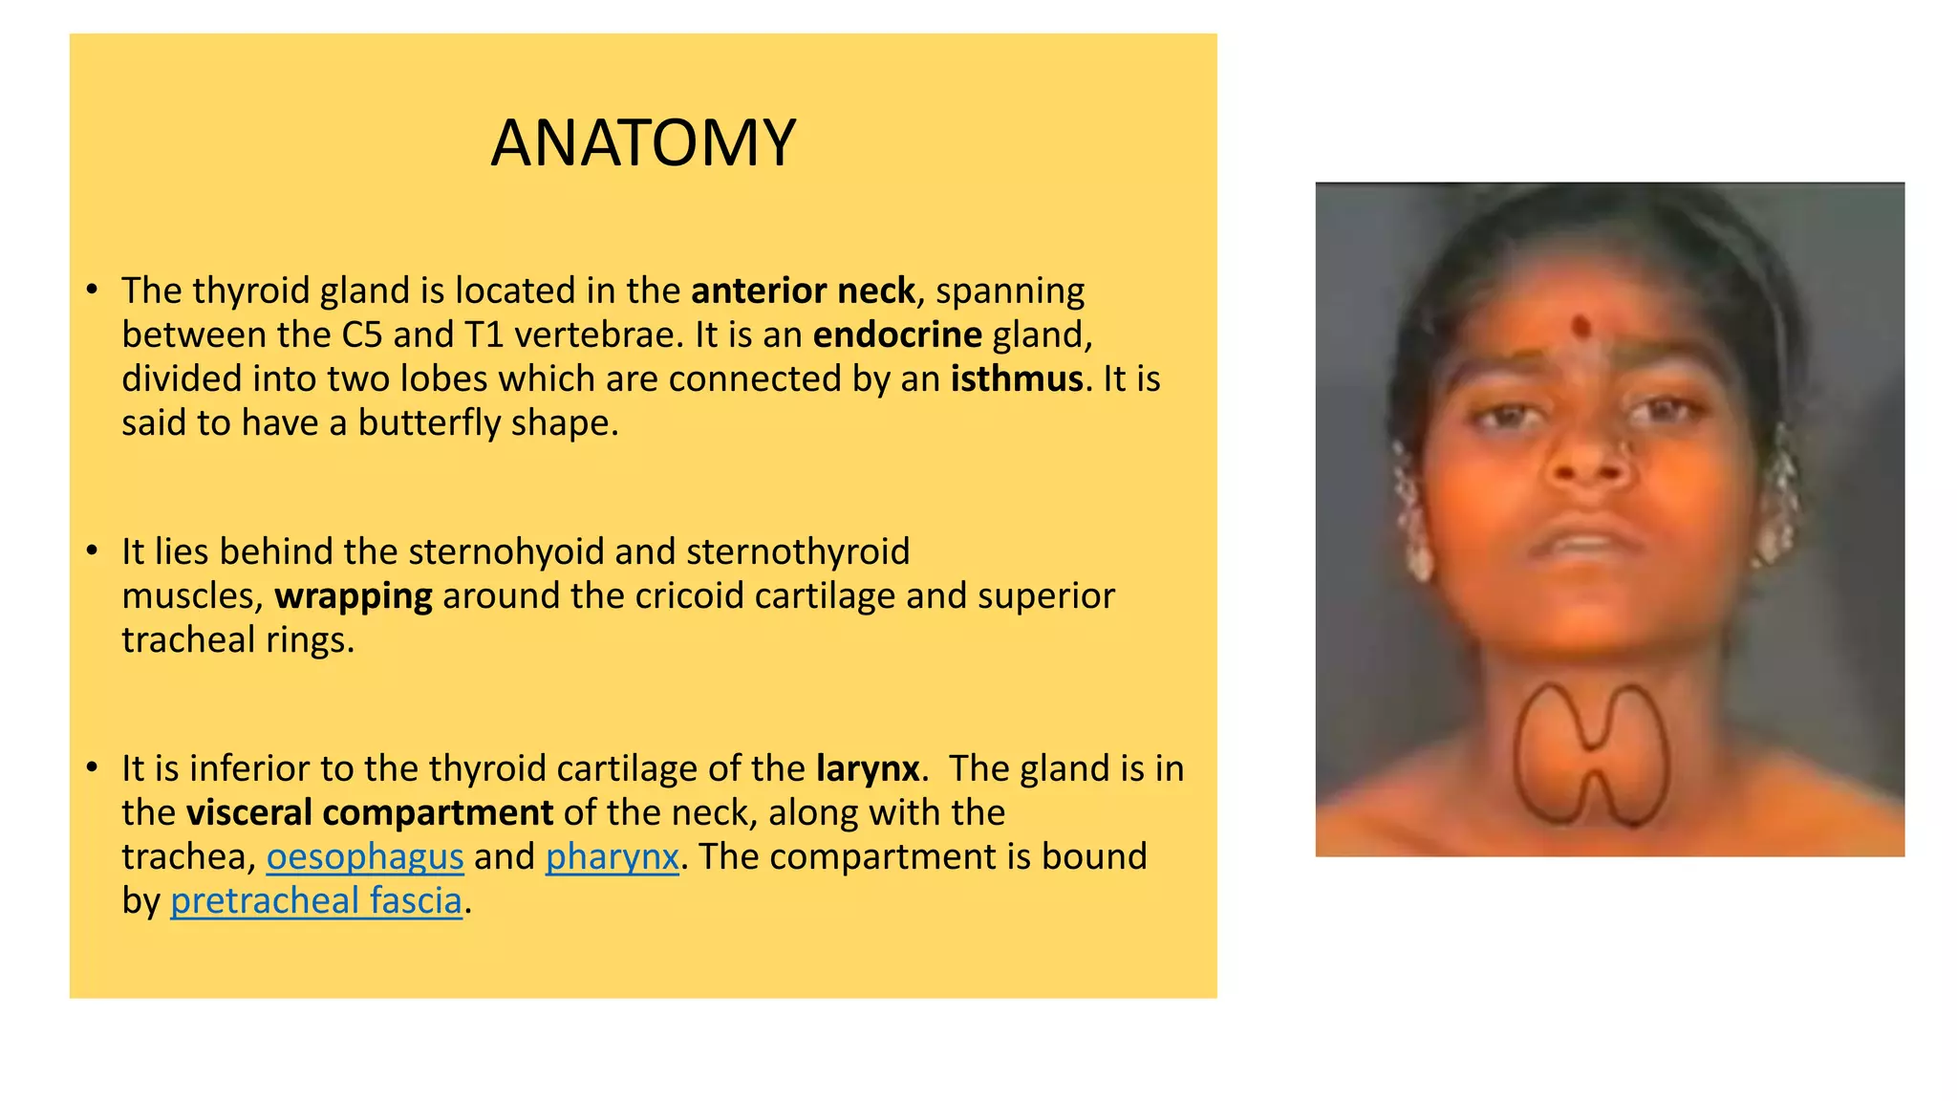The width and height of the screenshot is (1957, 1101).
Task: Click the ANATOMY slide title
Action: click(x=643, y=143)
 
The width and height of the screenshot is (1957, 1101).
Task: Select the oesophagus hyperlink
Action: click(x=365, y=856)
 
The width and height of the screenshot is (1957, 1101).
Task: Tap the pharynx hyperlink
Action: click(x=612, y=856)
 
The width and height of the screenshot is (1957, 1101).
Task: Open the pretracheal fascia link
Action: click(x=316, y=900)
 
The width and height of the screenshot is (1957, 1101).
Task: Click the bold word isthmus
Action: click(x=1017, y=379)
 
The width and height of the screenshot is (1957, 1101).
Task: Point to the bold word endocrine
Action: click(x=897, y=335)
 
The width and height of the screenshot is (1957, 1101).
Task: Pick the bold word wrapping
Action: click(x=354, y=596)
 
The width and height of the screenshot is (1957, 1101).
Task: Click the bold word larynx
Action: click(x=868, y=768)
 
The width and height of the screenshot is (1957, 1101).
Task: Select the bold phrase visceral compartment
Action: click(x=370, y=812)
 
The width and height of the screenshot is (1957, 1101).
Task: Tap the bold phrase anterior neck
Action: click(x=803, y=291)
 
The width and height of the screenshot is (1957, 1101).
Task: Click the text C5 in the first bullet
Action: click(x=362, y=335)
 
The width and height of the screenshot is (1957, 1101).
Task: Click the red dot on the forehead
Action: click(x=1581, y=328)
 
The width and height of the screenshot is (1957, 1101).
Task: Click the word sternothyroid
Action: click(x=798, y=551)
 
